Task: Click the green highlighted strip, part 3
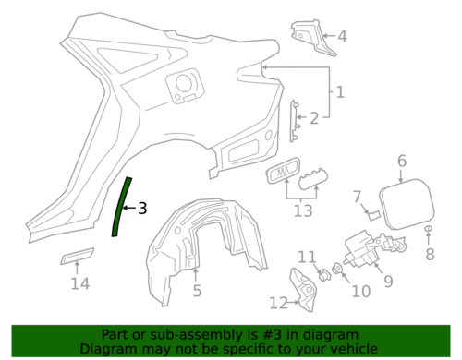coord(120,207)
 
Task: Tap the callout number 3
coord(142,209)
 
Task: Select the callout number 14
coord(80,283)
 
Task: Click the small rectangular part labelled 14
coord(77,256)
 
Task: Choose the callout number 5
coord(197,291)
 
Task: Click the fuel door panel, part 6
coord(407,204)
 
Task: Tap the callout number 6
coord(402,161)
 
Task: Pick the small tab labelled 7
coord(374,215)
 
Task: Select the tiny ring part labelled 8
coord(429,229)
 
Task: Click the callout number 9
coord(389,282)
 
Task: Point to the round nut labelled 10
coord(337,269)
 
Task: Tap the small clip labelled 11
coord(324,275)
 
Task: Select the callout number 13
coord(303,211)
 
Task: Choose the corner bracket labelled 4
coord(312,39)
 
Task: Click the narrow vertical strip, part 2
coord(294,121)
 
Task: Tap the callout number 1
coord(340,92)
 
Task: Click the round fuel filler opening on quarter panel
coord(184,82)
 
